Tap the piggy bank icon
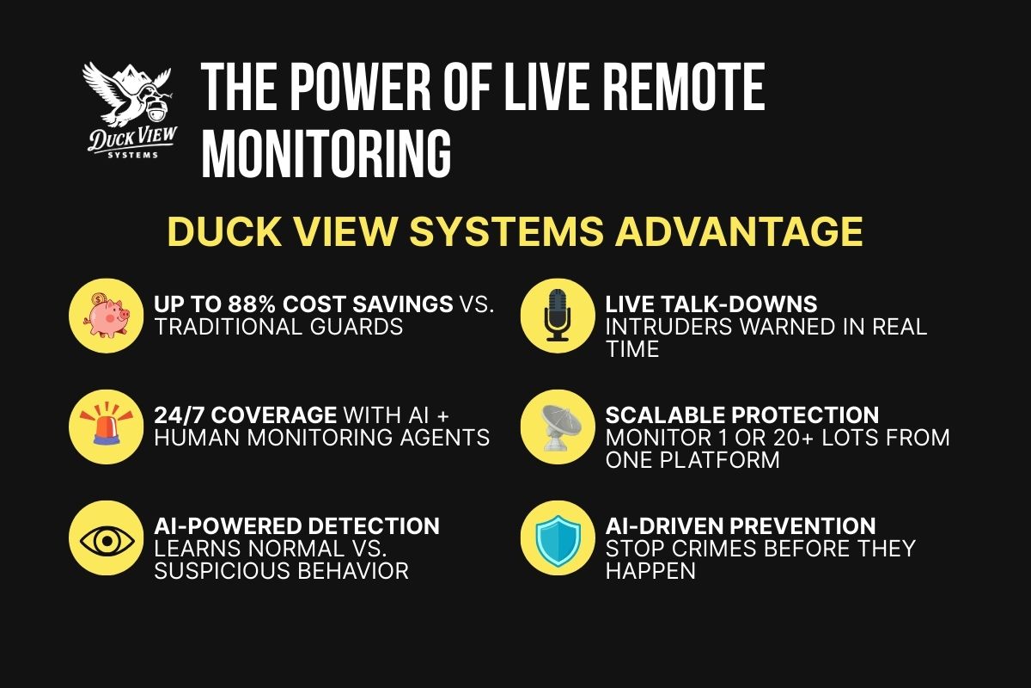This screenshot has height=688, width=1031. click(104, 316)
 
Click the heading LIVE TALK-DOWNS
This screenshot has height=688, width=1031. click(711, 304)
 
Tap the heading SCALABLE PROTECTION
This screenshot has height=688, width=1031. click(742, 415)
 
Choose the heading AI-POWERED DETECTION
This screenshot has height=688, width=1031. click(296, 525)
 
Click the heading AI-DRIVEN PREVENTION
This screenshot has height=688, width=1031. click(741, 525)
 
